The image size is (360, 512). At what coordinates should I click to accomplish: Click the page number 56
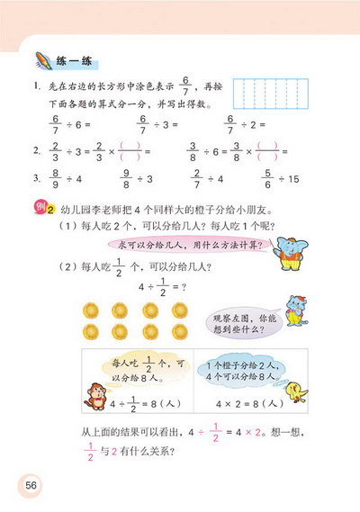pyautogui.click(x=31, y=485)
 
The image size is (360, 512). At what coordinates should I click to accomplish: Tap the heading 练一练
pyautogui.click(x=74, y=61)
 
